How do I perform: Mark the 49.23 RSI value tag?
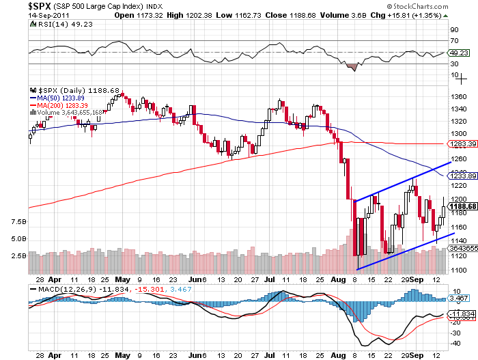tap(456, 52)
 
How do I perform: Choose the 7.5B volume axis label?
tap(19, 222)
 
